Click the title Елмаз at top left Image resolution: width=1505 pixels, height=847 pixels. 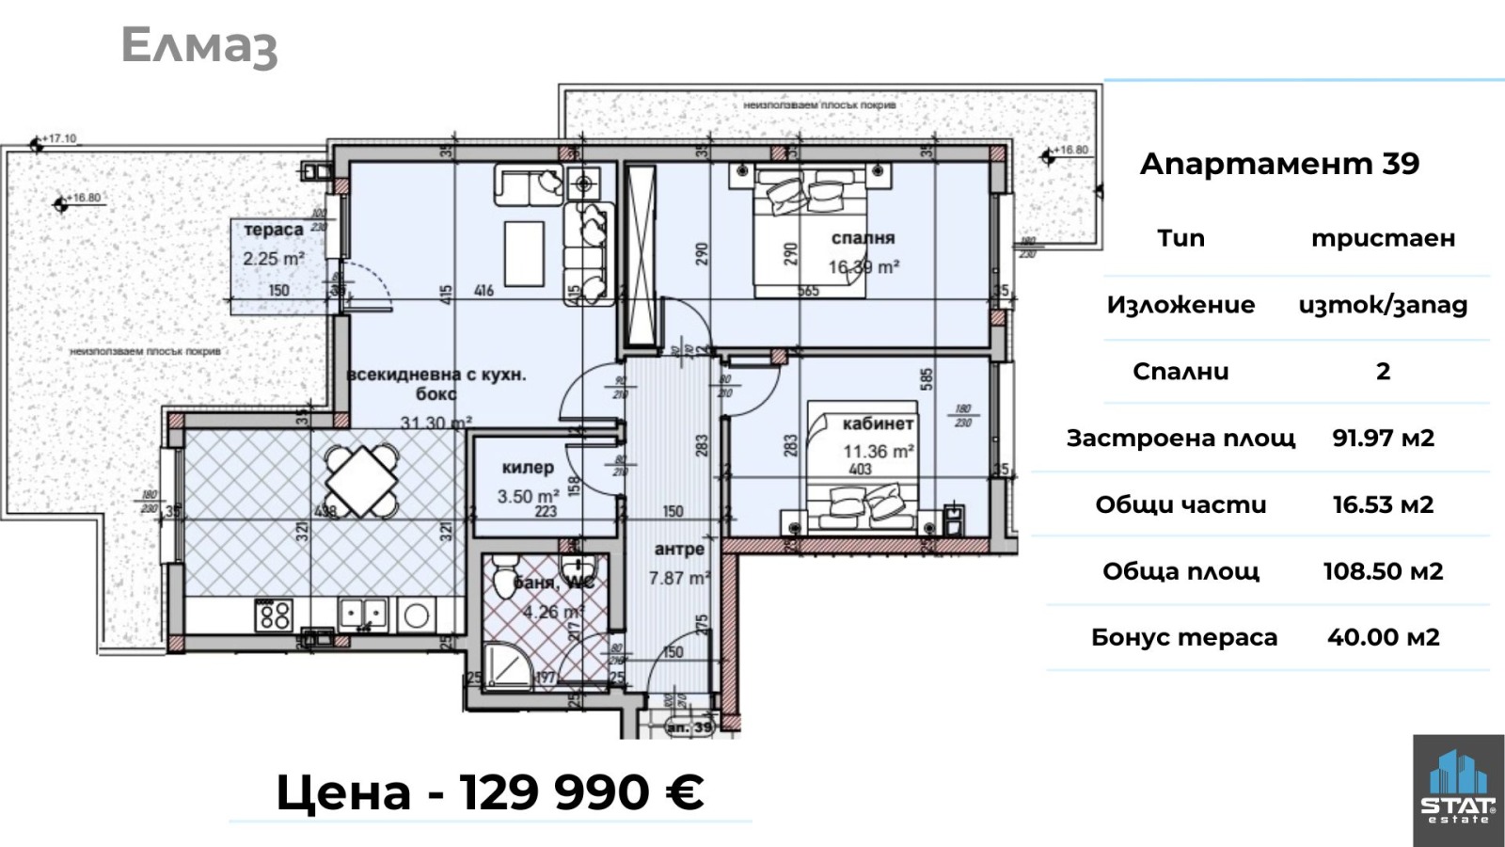199,46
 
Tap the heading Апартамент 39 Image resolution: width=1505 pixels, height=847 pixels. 1279,164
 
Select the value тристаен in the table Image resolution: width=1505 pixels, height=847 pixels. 1383,238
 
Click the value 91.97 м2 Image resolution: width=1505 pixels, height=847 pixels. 1383,438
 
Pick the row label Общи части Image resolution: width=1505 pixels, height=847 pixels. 1180,504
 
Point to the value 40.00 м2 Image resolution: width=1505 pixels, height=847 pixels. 1383,637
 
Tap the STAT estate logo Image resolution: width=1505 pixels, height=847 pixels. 1457,791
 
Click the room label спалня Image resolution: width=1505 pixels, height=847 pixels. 863,238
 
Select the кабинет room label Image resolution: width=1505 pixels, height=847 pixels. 878,424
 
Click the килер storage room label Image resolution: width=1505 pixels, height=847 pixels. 528,468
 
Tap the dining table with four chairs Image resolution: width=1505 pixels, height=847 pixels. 361,481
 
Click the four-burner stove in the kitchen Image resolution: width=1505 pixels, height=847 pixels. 275,615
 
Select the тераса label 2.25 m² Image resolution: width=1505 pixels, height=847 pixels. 273,244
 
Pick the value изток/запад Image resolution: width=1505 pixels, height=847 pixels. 1383,305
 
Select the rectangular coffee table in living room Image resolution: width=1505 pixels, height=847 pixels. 525,253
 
